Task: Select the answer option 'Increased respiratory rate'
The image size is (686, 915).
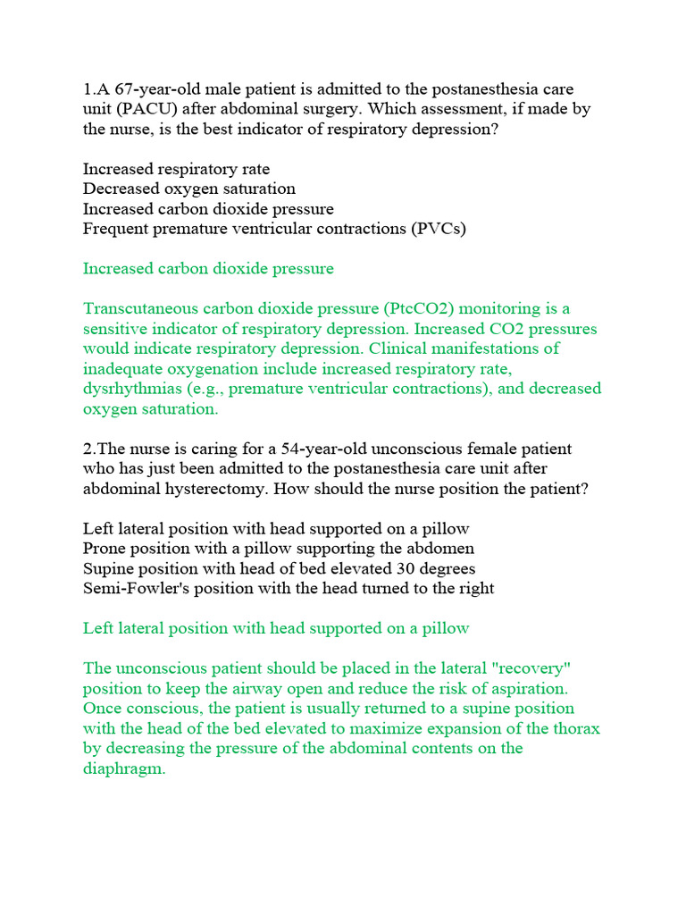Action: [x=176, y=169]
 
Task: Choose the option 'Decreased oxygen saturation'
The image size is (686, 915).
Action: [x=189, y=189]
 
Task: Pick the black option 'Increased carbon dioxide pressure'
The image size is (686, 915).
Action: [x=208, y=208]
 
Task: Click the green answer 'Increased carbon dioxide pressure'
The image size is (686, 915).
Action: [x=208, y=268]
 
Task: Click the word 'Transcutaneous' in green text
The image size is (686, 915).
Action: [x=139, y=308]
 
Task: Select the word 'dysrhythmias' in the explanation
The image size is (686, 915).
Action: [x=130, y=389]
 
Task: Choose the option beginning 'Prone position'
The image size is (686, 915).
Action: [x=279, y=548]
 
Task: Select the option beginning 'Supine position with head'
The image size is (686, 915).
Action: [x=279, y=568]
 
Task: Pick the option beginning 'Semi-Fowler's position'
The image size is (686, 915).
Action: [x=289, y=588]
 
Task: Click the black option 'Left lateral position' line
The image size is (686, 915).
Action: [x=276, y=528]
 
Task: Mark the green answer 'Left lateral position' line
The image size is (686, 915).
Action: [x=276, y=628]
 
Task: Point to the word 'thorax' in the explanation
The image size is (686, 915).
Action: [x=578, y=728]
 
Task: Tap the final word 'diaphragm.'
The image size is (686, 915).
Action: [x=124, y=768]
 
